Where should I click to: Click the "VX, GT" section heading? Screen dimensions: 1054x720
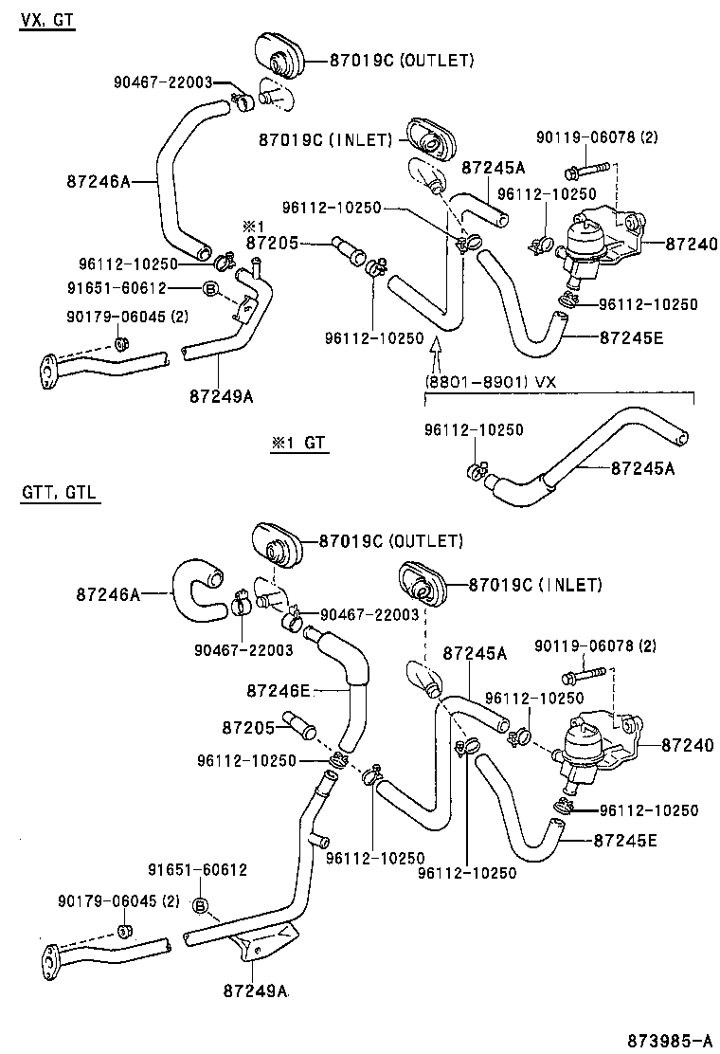46,20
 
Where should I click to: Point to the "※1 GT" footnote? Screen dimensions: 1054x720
300,444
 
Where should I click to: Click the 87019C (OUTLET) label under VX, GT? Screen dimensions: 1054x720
401,60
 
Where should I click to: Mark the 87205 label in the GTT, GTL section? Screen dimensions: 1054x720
247,728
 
